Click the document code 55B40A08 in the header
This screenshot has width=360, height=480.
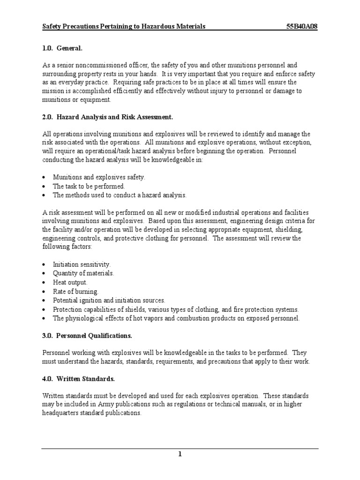301,27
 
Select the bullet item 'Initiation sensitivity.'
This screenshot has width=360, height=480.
82,264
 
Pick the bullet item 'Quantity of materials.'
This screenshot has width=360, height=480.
83,273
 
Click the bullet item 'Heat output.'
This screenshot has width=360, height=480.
70,282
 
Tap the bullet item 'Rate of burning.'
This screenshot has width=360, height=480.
75,291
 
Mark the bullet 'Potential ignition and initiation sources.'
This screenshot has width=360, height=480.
109,300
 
